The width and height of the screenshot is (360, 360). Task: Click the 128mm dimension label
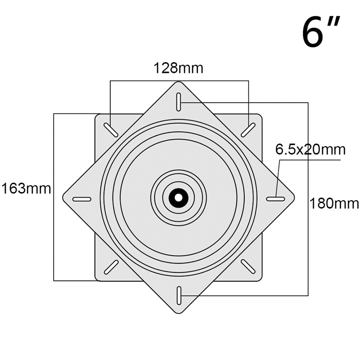178,68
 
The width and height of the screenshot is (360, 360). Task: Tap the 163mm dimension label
26,189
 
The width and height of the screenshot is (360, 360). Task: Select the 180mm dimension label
334,203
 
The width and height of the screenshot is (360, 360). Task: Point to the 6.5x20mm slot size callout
310,150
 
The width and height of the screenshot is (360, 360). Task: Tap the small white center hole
178,198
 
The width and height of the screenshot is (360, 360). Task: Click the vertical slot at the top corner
179,102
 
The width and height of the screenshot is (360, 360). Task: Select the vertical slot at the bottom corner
179,296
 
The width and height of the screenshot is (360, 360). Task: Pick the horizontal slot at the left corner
82,199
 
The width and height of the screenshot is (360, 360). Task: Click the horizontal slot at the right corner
276,199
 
